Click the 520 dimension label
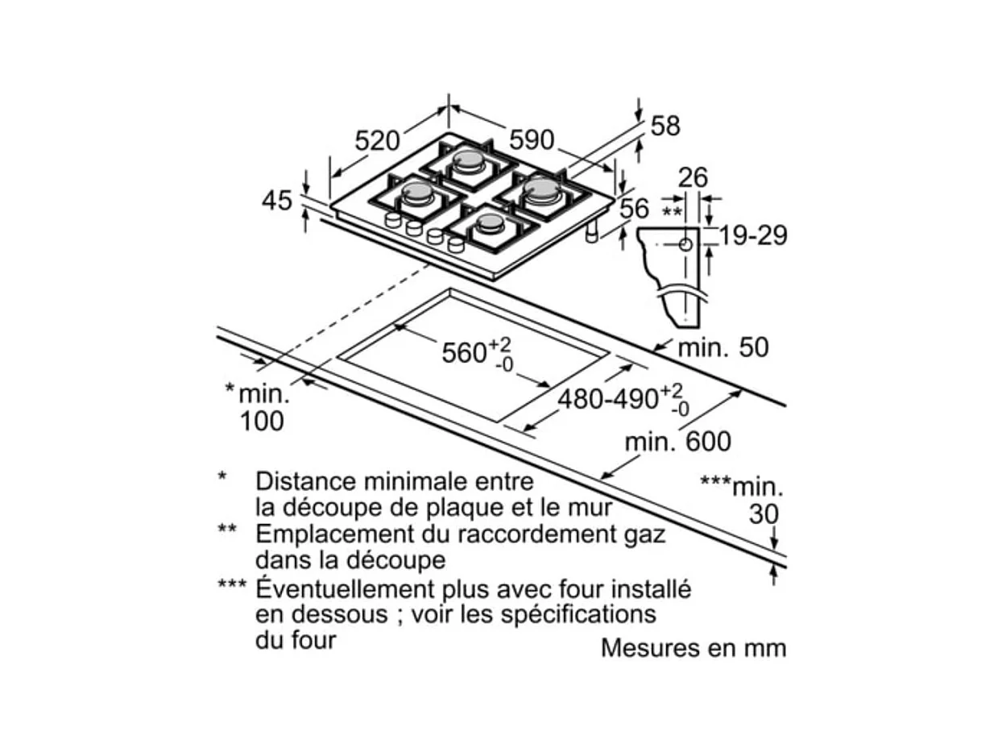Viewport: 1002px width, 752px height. pos(377,141)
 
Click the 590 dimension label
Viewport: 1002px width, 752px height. pos(532,140)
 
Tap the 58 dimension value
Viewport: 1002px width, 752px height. pos(665,126)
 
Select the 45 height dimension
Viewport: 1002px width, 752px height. pos(277,201)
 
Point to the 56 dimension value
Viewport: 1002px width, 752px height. pos(634,209)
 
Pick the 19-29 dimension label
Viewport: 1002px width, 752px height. pos(752,235)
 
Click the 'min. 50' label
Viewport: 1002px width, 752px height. pos(723,347)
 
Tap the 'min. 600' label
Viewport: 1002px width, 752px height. pos(678,442)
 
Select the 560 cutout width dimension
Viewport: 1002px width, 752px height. pos(464,352)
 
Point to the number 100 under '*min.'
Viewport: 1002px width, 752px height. pos(262,421)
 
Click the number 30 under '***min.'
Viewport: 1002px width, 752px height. pos(764,513)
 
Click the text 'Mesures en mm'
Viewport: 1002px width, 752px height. pos(693,648)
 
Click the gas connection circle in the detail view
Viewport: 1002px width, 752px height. pos(684,246)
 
